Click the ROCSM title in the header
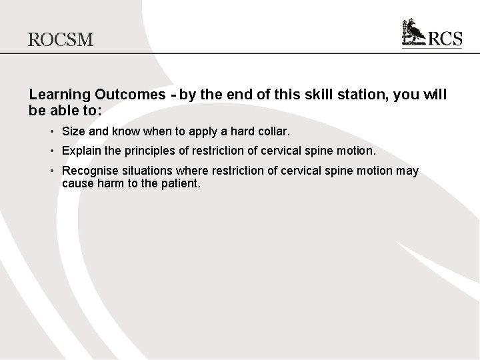(x=61, y=39)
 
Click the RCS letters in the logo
(x=445, y=39)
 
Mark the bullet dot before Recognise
(x=52, y=171)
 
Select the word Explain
(x=81, y=151)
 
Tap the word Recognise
(x=89, y=171)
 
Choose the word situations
(x=146, y=171)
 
